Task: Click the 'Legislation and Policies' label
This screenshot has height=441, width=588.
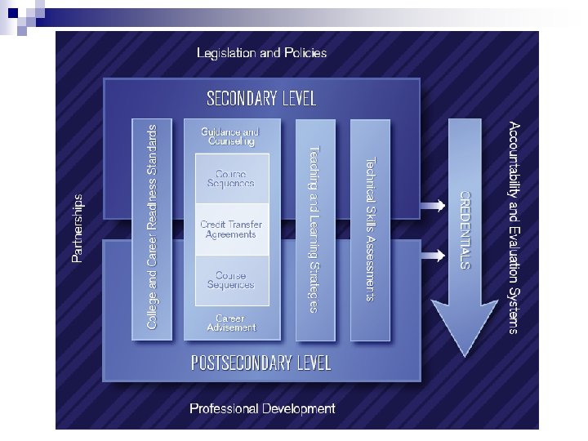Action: click(x=261, y=53)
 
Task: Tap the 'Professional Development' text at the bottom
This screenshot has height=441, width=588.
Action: click(x=262, y=408)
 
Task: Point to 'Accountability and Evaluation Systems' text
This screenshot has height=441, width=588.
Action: click(x=512, y=228)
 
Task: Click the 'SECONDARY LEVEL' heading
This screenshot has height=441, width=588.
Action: click(x=261, y=99)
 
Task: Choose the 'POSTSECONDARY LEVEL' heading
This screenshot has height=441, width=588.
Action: click(x=261, y=363)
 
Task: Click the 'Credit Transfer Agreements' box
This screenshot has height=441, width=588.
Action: click(x=229, y=228)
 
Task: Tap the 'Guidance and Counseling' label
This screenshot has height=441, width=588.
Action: click(x=229, y=136)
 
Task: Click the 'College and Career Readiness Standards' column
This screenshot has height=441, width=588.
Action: click(x=152, y=228)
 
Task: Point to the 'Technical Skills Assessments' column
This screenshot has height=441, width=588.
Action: click(x=369, y=228)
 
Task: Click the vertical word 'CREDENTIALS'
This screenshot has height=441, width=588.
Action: click(x=463, y=229)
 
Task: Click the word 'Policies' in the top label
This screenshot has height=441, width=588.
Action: click(x=303, y=53)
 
